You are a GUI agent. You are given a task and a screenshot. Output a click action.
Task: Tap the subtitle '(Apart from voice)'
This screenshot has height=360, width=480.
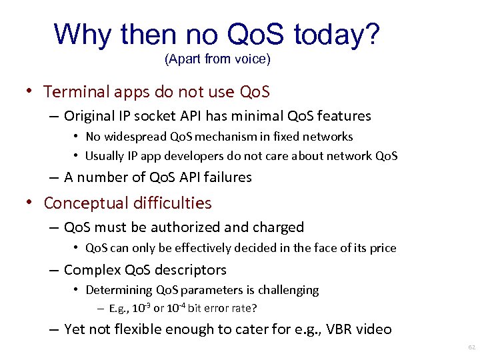(x=217, y=59)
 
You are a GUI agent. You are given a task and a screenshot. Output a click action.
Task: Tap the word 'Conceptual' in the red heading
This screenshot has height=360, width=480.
(x=85, y=203)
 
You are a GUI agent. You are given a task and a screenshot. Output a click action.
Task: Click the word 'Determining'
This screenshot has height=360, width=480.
(x=119, y=290)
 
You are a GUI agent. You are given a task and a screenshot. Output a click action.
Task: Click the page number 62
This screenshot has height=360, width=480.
(x=471, y=348)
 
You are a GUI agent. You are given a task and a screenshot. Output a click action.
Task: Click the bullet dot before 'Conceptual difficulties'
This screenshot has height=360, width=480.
(x=31, y=203)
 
